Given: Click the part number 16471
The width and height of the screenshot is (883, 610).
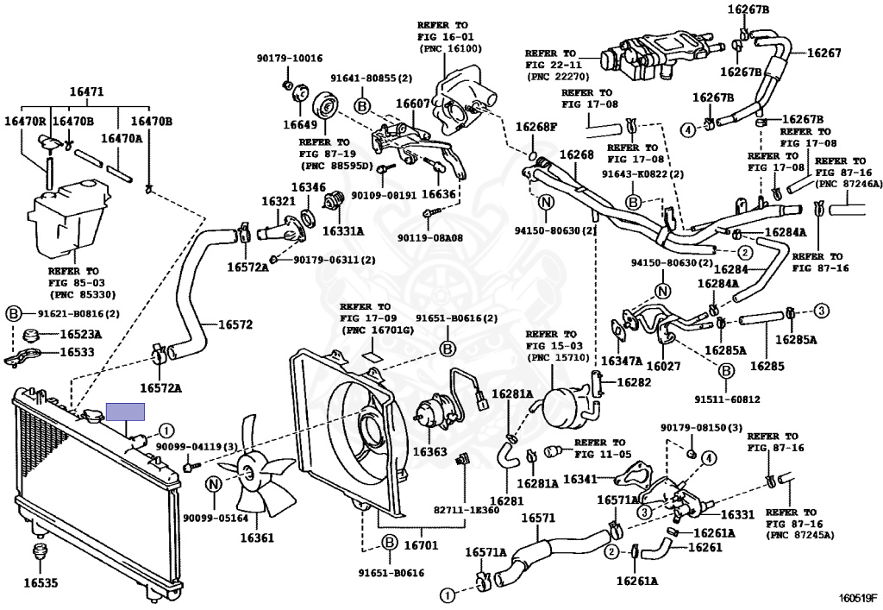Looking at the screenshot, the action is coord(86,91).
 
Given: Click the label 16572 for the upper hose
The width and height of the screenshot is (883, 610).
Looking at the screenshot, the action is coord(235,324).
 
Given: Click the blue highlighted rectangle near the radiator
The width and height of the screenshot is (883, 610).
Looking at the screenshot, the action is coord(126,412).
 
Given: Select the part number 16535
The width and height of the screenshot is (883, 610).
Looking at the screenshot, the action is coord(41,583).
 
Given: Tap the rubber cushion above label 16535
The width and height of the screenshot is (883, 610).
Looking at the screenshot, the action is coord(40,552).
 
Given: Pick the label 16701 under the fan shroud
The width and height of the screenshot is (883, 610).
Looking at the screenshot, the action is coord(421,544).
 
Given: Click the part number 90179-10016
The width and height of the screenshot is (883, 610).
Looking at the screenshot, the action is coord(290,58).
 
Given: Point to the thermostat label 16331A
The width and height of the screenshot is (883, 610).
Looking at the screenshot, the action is coord(343,231).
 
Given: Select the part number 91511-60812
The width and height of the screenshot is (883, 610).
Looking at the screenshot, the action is coord(727,399).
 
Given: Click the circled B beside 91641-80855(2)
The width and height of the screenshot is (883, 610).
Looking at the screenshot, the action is coord(362,106).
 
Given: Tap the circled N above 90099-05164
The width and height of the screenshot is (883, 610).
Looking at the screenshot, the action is coord(214,484).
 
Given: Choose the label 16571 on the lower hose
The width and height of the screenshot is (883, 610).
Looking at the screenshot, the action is coord(538,518).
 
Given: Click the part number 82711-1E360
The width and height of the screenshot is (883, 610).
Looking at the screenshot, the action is coord(467,510).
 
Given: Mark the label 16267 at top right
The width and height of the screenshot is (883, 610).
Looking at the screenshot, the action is coord(824,53).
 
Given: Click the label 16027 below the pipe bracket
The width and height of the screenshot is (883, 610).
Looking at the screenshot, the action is coord(663,366).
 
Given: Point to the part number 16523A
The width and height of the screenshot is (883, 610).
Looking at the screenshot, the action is coord(81,335).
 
